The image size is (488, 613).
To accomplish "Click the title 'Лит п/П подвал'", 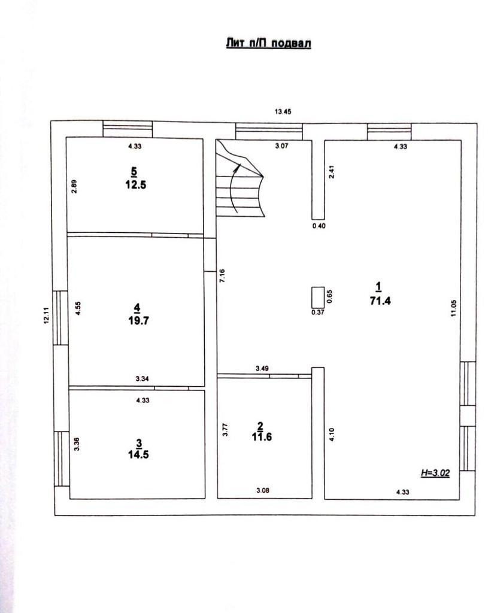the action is [x=268, y=43].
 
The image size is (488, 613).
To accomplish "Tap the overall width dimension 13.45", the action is [x=283, y=112].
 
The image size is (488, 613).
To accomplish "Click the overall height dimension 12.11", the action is [x=47, y=315].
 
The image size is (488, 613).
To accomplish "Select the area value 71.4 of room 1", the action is [x=380, y=301].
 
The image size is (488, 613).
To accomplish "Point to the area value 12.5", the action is [x=136, y=184].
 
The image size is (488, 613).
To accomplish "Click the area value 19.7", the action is [x=138, y=321].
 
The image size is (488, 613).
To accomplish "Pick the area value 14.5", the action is [x=138, y=454].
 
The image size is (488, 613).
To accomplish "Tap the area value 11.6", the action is [x=262, y=436].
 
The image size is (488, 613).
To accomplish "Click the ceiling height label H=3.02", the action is [x=435, y=473].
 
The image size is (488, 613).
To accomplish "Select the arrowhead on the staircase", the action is [x=237, y=168].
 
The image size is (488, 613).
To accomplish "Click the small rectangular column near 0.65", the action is [x=317, y=298].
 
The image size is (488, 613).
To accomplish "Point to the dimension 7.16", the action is [x=222, y=276].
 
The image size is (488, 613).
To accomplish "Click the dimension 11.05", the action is [x=453, y=308].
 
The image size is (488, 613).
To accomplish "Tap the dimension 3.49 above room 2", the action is [x=262, y=368].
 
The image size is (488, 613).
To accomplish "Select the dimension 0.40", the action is [x=319, y=226].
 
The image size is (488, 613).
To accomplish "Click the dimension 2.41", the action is [x=332, y=172].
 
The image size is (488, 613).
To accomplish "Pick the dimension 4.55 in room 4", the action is [x=78, y=308].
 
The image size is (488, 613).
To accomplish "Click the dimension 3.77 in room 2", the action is [x=225, y=430].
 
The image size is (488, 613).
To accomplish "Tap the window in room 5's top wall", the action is [x=128, y=129].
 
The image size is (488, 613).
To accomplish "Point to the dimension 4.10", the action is [x=332, y=435].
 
